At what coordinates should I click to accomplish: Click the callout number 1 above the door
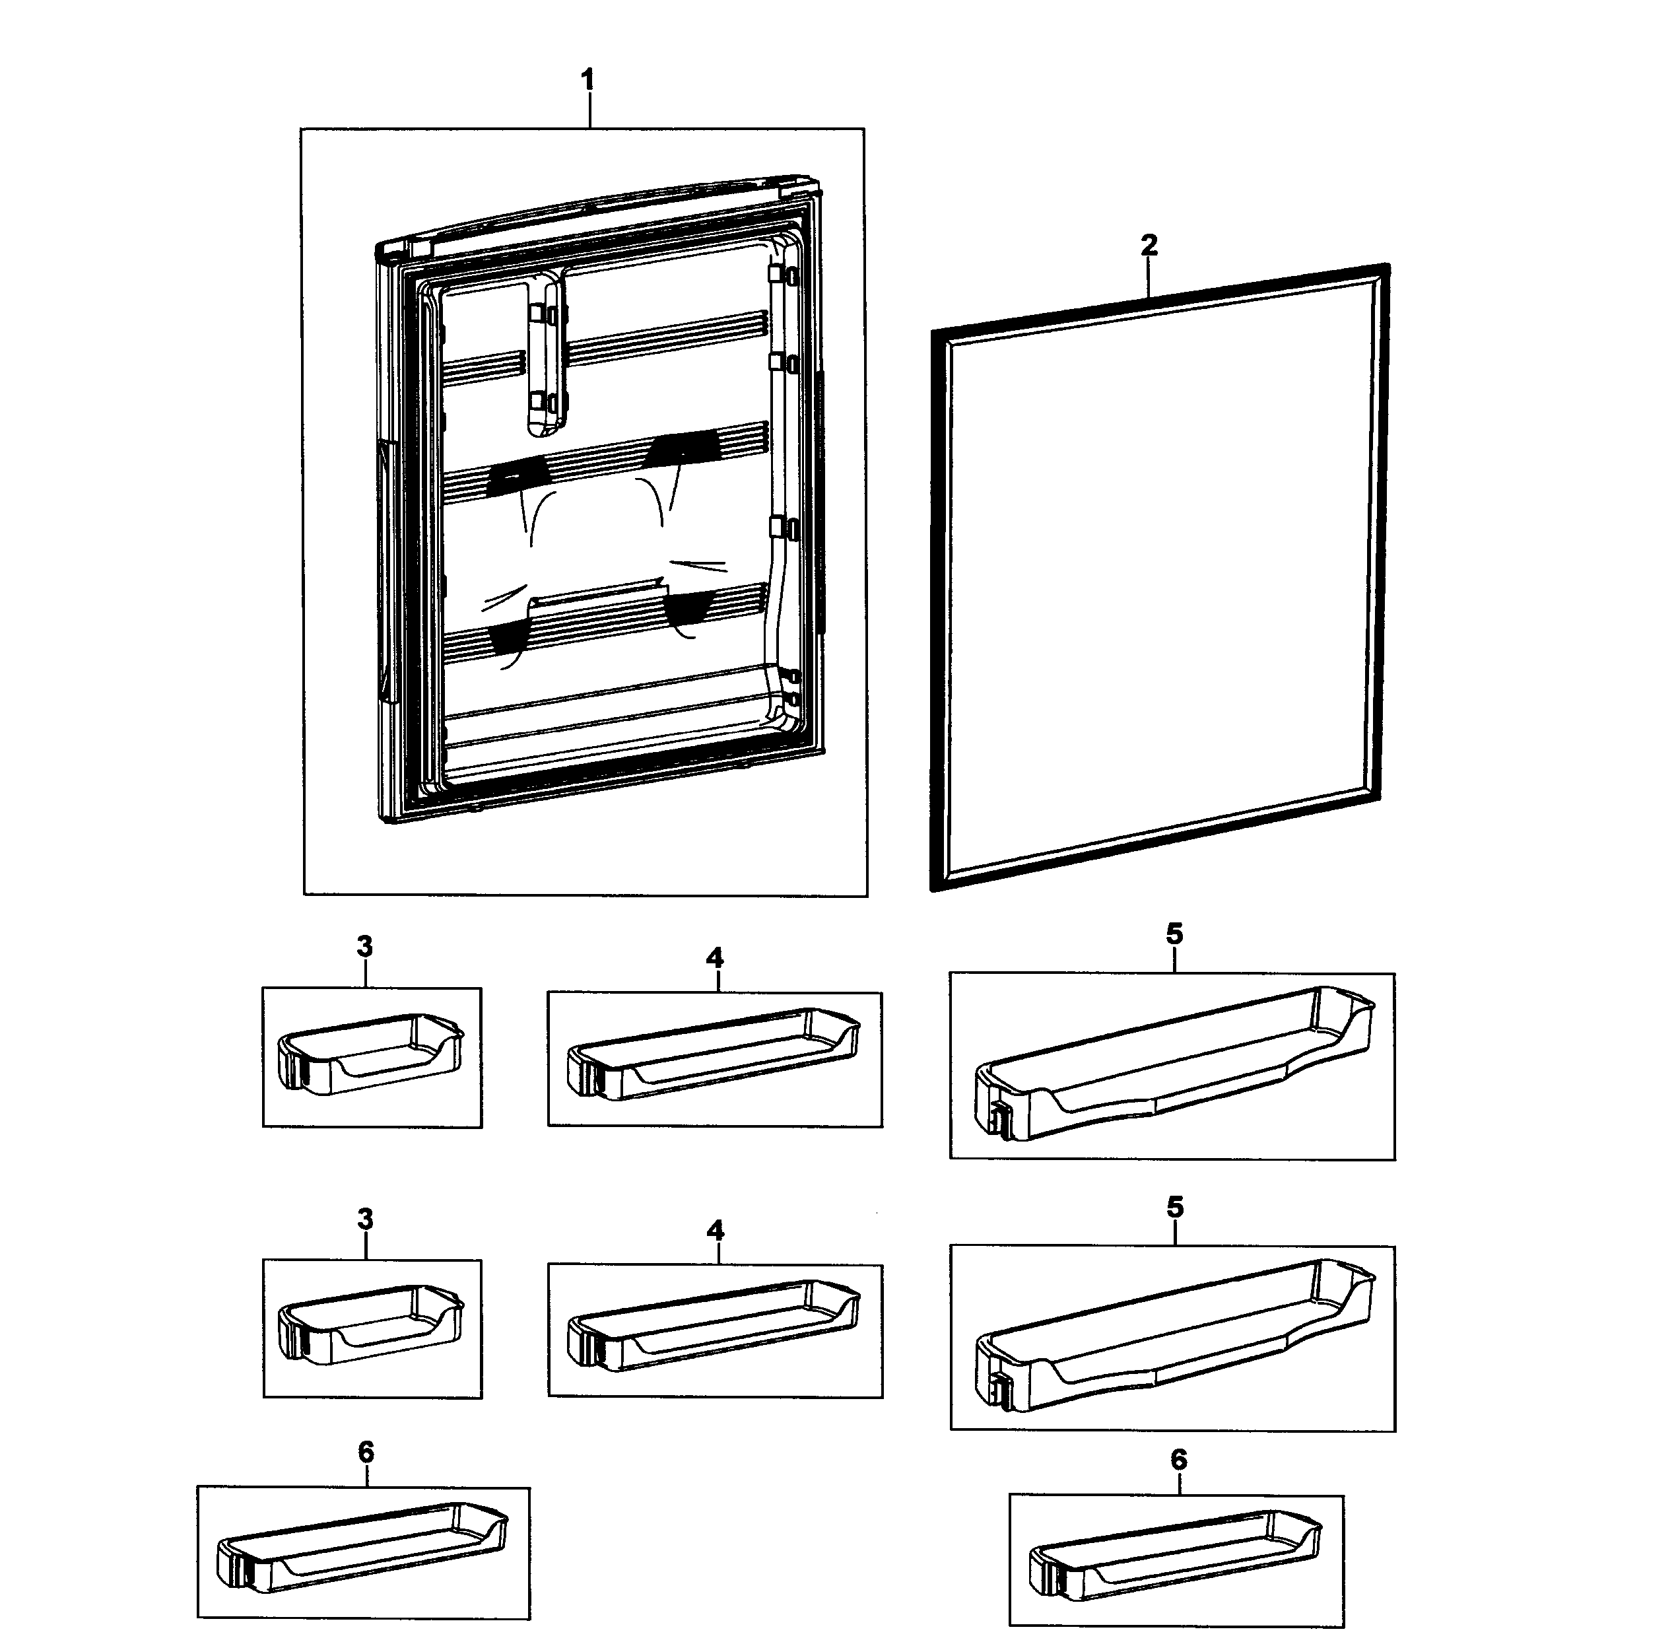[587, 81]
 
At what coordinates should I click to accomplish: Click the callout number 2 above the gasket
[1149, 245]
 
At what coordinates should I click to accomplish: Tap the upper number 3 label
[365, 947]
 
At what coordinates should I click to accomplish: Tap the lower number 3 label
[365, 1219]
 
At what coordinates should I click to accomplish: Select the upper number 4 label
[715, 957]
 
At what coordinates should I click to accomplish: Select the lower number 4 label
[715, 1230]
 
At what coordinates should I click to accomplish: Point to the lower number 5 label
[1174, 1208]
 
